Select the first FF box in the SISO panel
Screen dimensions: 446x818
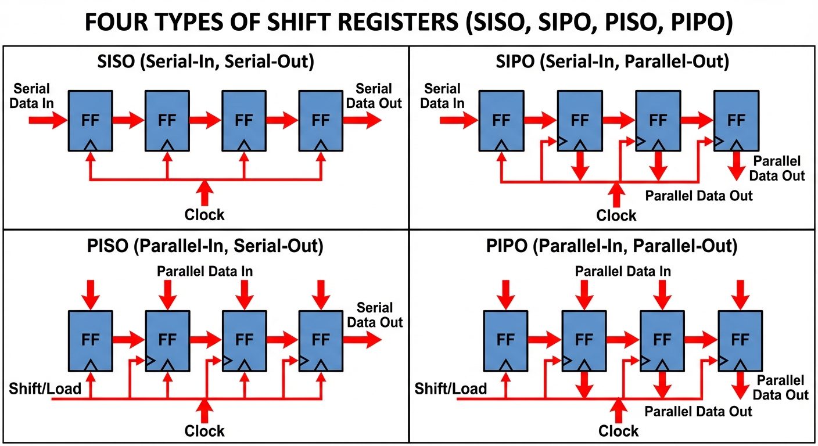pyautogui.click(x=90, y=120)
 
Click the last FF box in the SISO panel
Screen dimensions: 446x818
pyautogui.click(x=320, y=120)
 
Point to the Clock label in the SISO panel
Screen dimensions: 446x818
pyautogui.click(x=204, y=215)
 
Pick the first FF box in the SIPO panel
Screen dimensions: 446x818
pyautogui.click(x=501, y=120)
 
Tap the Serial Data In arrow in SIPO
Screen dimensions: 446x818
pyautogui.click(x=458, y=120)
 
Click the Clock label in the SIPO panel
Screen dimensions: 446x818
pyautogui.click(x=616, y=216)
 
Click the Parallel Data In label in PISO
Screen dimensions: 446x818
pyautogui.click(x=205, y=271)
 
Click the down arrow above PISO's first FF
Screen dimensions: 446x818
pyautogui.click(x=90, y=295)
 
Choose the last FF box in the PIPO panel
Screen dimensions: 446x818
pyautogui.click(x=740, y=340)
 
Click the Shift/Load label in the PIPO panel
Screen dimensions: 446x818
pyautogui.click(x=451, y=388)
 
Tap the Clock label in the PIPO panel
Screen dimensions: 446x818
pyautogui.click(x=618, y=431)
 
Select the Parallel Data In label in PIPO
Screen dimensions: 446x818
pyautogui.click(x=623, y=271)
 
